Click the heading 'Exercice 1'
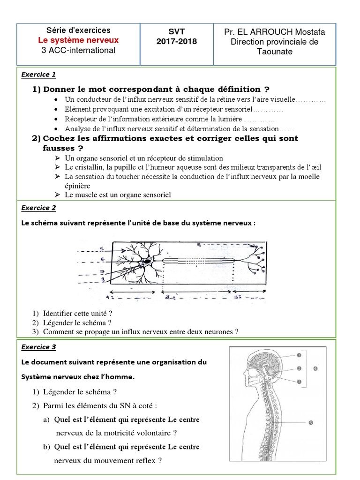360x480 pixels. coord(38,74)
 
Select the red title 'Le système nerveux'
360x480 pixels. coord(78,40)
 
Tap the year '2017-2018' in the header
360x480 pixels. coord(176,41)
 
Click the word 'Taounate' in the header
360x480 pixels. coord(274,52)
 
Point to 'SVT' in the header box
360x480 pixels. coord(177,31)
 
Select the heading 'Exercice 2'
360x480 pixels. coord(38,208)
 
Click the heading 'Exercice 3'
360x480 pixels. coord(38,347)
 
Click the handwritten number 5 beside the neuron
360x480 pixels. coord(102,249)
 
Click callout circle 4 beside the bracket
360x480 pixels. coord(315,368)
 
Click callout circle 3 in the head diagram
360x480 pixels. coord(299,382)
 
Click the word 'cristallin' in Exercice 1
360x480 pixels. coord(90,167)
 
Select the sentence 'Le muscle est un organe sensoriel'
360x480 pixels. coord(118,194)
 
